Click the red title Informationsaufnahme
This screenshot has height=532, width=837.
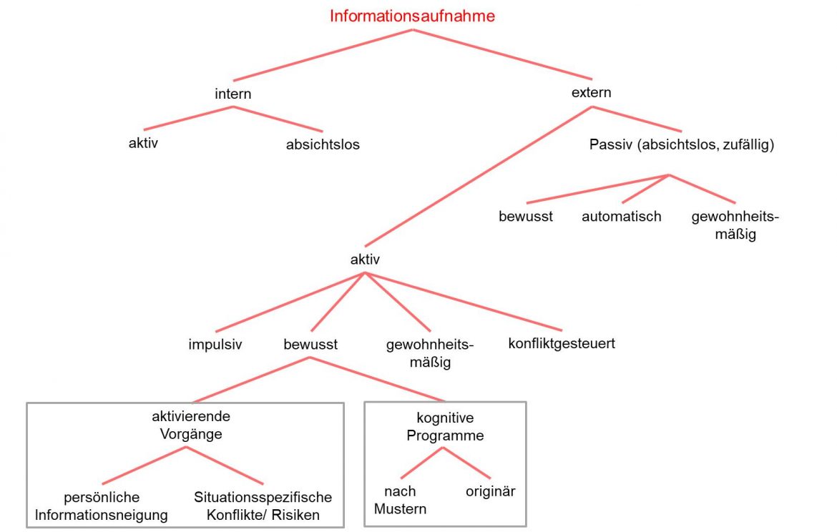pos(412,16)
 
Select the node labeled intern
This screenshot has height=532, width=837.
pos(233,94)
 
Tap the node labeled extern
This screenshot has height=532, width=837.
pos(591,92)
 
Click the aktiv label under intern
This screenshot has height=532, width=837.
pos(143,142)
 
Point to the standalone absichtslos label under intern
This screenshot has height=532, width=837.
pos(323,144)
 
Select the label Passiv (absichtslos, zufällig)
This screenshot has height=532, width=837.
pos(682,144)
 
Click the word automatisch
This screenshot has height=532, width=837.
pos(621,216)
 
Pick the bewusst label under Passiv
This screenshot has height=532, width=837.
pos(526,216)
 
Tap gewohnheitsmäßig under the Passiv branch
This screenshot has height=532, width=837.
pos(735,225)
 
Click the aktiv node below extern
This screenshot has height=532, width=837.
pos(365,260)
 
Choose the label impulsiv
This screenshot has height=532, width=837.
pos(215,344)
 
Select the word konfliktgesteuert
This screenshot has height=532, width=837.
pos(562,343)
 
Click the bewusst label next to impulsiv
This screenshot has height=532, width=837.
pos(310,344)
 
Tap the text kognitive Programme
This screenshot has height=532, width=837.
pos(445,426)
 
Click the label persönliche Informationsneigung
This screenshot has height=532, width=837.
pos(101,506)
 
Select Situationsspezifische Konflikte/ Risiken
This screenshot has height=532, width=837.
pos(263,506)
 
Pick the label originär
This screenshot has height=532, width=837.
pos(490,491)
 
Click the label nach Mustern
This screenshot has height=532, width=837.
pos(400,500)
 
